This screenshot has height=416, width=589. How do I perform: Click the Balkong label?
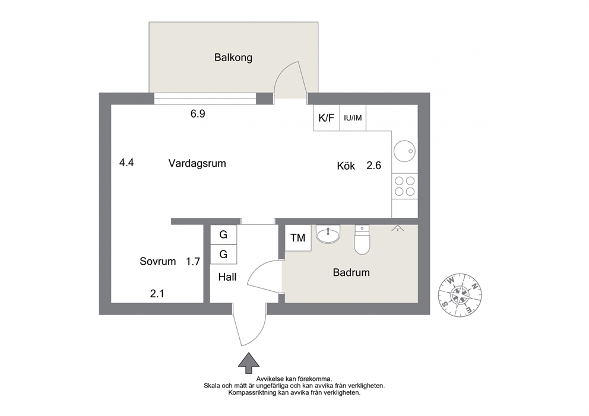(233, 58)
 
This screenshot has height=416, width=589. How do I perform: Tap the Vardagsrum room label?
(197, 163)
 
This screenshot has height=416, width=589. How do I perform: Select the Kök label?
(346, 166)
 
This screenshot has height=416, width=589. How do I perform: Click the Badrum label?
(351, 272)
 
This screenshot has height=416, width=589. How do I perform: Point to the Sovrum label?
(158, 261)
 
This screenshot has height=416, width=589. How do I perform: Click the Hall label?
(227, 277)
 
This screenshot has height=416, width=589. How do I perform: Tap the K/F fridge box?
(327, 118)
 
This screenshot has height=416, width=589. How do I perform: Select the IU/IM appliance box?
(353, 118)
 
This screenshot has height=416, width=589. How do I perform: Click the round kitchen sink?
(404, 151)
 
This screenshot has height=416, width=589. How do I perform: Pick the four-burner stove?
(404, 186)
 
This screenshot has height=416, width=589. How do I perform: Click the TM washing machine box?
(298, 238)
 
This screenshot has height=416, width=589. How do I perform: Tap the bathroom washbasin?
(328, 234)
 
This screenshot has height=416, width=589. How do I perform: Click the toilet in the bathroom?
(362, 240)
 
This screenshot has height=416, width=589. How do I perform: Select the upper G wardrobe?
(223, 234)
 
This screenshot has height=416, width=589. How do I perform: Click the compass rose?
(460, 295)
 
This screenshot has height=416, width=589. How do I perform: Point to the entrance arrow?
(249, 363)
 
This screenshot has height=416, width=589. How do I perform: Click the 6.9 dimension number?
(198, 113)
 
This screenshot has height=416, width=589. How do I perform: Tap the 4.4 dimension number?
(126, 163)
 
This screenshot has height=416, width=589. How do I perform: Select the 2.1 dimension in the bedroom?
(157, 293)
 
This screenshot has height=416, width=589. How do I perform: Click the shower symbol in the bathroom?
(397, 228)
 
